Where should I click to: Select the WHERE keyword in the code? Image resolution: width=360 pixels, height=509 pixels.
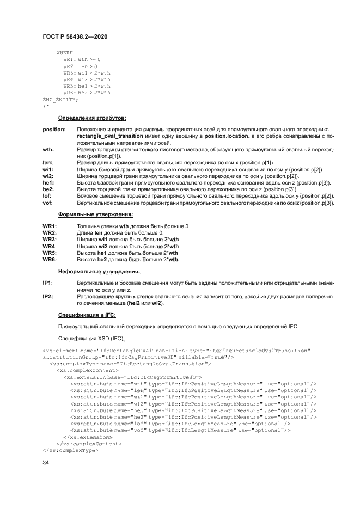(64, 53)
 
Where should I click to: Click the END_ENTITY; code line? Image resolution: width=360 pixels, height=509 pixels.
(60, 99)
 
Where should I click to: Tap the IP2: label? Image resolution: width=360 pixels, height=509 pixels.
(48, 296)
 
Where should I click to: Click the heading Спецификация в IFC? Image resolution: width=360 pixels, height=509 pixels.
(86, 315)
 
